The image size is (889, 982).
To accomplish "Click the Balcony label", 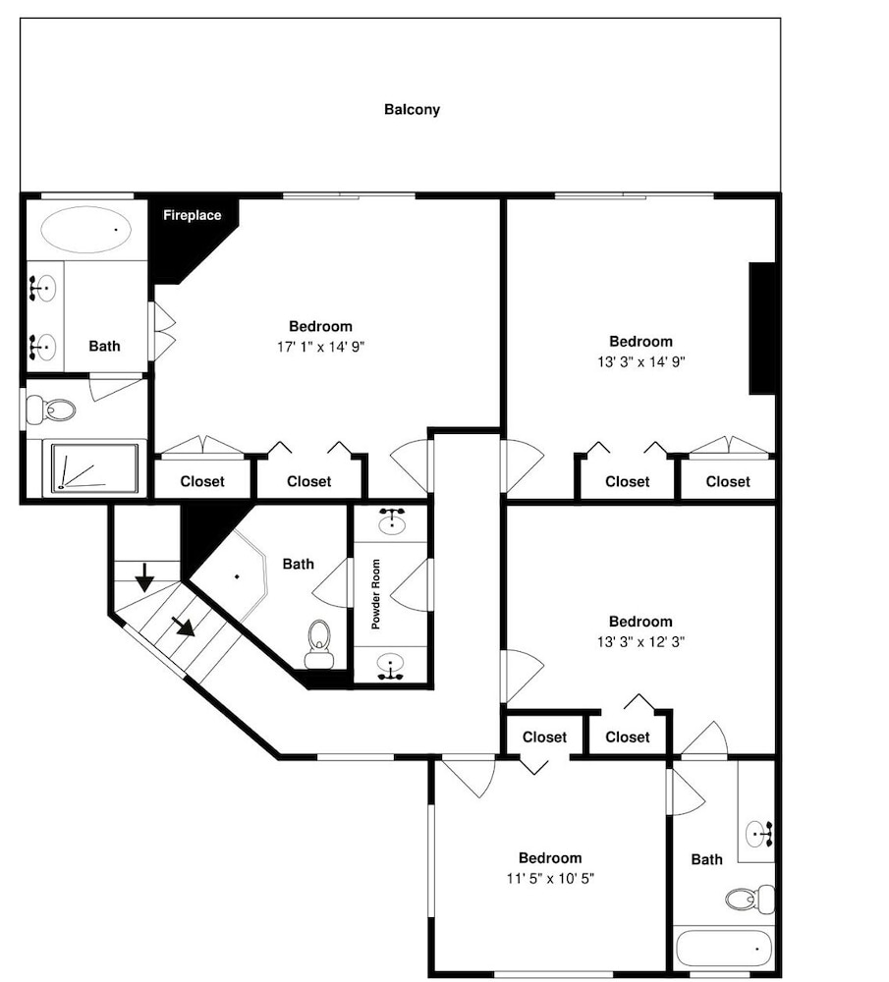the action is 412,110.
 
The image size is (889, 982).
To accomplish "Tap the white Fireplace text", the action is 192,215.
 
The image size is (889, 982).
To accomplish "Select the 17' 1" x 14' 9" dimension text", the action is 321,347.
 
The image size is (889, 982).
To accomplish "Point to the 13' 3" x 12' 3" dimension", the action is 640,642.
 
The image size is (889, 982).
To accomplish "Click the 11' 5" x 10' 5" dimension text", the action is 550,879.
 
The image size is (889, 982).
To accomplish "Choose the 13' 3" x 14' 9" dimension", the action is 640,362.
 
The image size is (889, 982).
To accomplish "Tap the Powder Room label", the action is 376,594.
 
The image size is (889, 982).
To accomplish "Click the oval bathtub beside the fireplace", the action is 86,229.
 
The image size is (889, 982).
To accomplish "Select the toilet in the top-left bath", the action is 51,409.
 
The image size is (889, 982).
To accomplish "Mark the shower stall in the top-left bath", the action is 95,467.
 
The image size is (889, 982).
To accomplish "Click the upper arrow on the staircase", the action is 144,576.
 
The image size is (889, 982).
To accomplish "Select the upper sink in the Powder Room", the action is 392,521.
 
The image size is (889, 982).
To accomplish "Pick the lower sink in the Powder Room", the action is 391,667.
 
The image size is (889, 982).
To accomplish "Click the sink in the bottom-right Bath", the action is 760,834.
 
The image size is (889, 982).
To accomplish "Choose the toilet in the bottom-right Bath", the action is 750,900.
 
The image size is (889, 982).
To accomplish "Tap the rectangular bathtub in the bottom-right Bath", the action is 724,950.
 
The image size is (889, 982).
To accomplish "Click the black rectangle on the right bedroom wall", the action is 762,328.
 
